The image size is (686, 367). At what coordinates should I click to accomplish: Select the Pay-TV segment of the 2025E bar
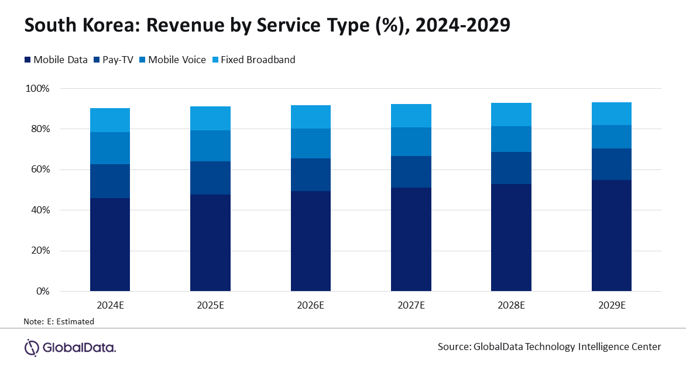(210, 178)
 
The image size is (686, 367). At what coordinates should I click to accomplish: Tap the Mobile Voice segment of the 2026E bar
(310, 143)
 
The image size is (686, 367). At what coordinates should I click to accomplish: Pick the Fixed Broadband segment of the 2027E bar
(411, 116)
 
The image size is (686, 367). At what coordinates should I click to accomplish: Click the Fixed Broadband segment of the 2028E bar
(511, 115)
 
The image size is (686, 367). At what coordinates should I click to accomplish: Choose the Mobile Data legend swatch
(27, 60)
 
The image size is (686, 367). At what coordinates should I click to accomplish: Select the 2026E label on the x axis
(310, 305)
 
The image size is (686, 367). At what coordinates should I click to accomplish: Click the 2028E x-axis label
(511, 305)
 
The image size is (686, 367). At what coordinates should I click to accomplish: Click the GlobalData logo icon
(31, 347)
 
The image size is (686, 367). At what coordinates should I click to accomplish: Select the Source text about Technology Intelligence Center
(549, 347)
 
